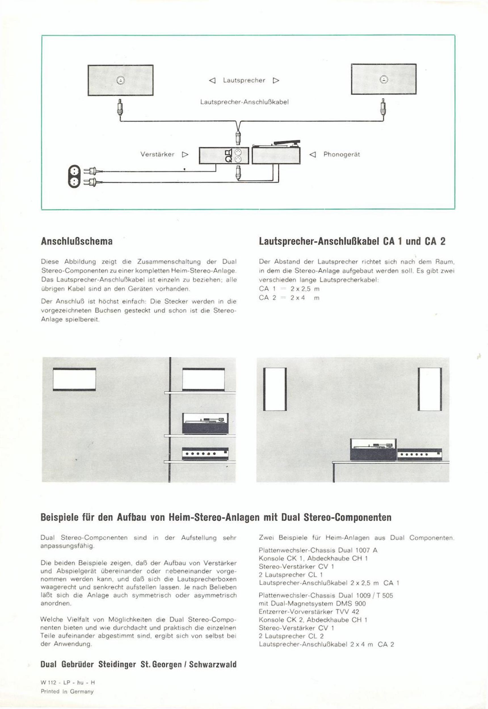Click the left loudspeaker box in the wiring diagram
coord(121,80)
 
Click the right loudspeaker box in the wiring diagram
coord(384,79)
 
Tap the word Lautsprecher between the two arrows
coord(244,80)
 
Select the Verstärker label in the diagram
coord(157,154)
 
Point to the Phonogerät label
coord(342,154)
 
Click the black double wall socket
coord(74,176)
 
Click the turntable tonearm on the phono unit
coord(287,143)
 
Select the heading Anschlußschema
coord(77,241)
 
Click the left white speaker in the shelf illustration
coord(74,379)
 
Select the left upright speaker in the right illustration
coord(275,389)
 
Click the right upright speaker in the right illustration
coord(430,389)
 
